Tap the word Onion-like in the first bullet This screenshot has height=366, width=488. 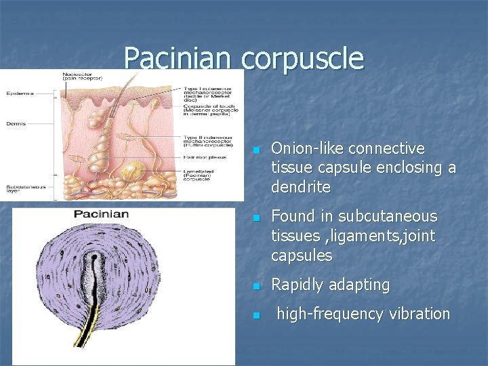point(305,148)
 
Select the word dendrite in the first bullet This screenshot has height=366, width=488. point(301,186)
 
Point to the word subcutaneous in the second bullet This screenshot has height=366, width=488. point(388,217)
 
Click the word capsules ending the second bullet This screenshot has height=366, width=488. point(302,256)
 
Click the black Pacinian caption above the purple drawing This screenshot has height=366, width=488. point(101,215)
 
